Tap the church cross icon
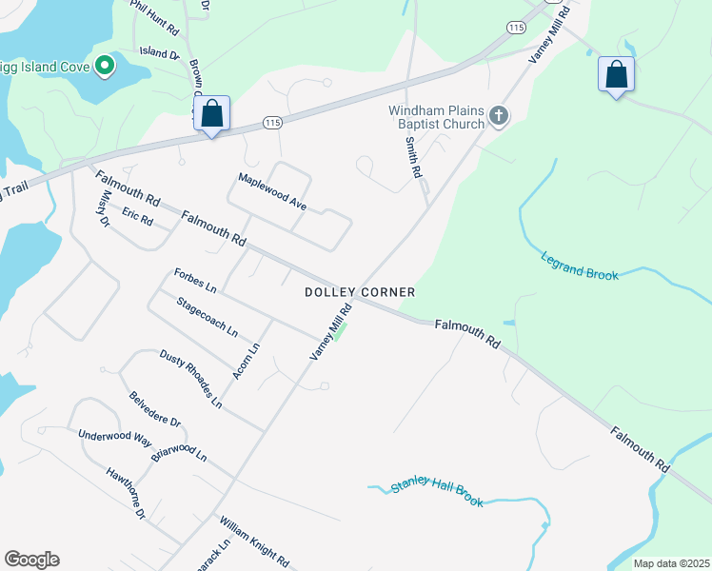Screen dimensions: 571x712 click(x=498, y=117)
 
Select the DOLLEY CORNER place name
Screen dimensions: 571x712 click(x=360, y=291)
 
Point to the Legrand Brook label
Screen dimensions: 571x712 click(x=580, y=266)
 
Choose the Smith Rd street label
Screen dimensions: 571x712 click(x=413, y=158)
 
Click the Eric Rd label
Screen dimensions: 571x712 click(x=137, y=217)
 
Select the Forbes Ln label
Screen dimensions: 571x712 click(x=195, y=281)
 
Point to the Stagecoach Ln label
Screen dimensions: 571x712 click(x=207, y=317)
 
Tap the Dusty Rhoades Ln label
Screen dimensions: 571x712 click(x=190, y=378)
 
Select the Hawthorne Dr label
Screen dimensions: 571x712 click(x=125, y=492)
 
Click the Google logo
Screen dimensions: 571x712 click(x=31, y=560)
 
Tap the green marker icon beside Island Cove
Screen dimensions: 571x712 click(x=105, y=66)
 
